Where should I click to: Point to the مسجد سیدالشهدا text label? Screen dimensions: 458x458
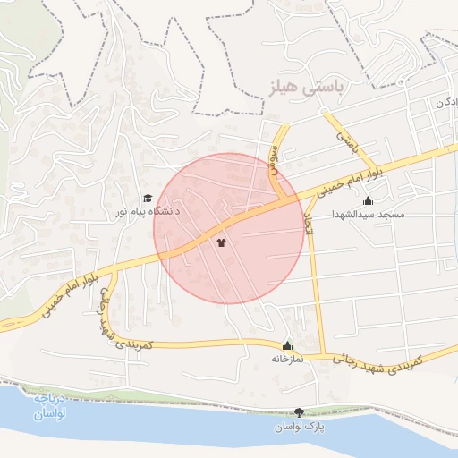[369, 215]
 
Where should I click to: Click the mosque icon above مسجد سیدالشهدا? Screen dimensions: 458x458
[369, 201]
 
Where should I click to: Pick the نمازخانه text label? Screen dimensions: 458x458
[288, 359]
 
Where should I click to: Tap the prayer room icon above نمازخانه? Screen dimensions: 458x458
[287, 345]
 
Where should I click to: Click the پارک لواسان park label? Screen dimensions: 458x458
[299, 427]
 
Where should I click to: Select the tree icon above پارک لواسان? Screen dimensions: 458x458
[299, 412]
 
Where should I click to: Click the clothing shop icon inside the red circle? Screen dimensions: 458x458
[221, 242]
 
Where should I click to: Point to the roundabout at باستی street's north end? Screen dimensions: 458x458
[327, 114]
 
